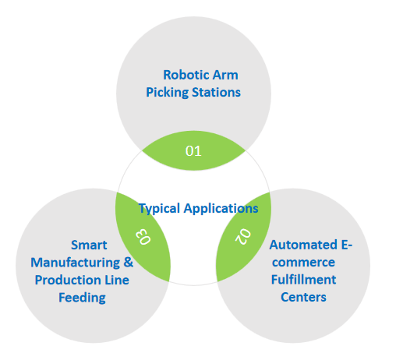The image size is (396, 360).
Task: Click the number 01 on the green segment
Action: [x=193, y=150]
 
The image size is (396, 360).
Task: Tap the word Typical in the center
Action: [x=159, y=208]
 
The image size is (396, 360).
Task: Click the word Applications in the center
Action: [x=221, y=208]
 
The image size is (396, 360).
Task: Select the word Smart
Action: [x=88, y=245]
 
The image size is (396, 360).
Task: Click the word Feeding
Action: [x=81, y=297]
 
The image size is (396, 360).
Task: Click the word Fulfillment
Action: [x=302, y=279]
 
